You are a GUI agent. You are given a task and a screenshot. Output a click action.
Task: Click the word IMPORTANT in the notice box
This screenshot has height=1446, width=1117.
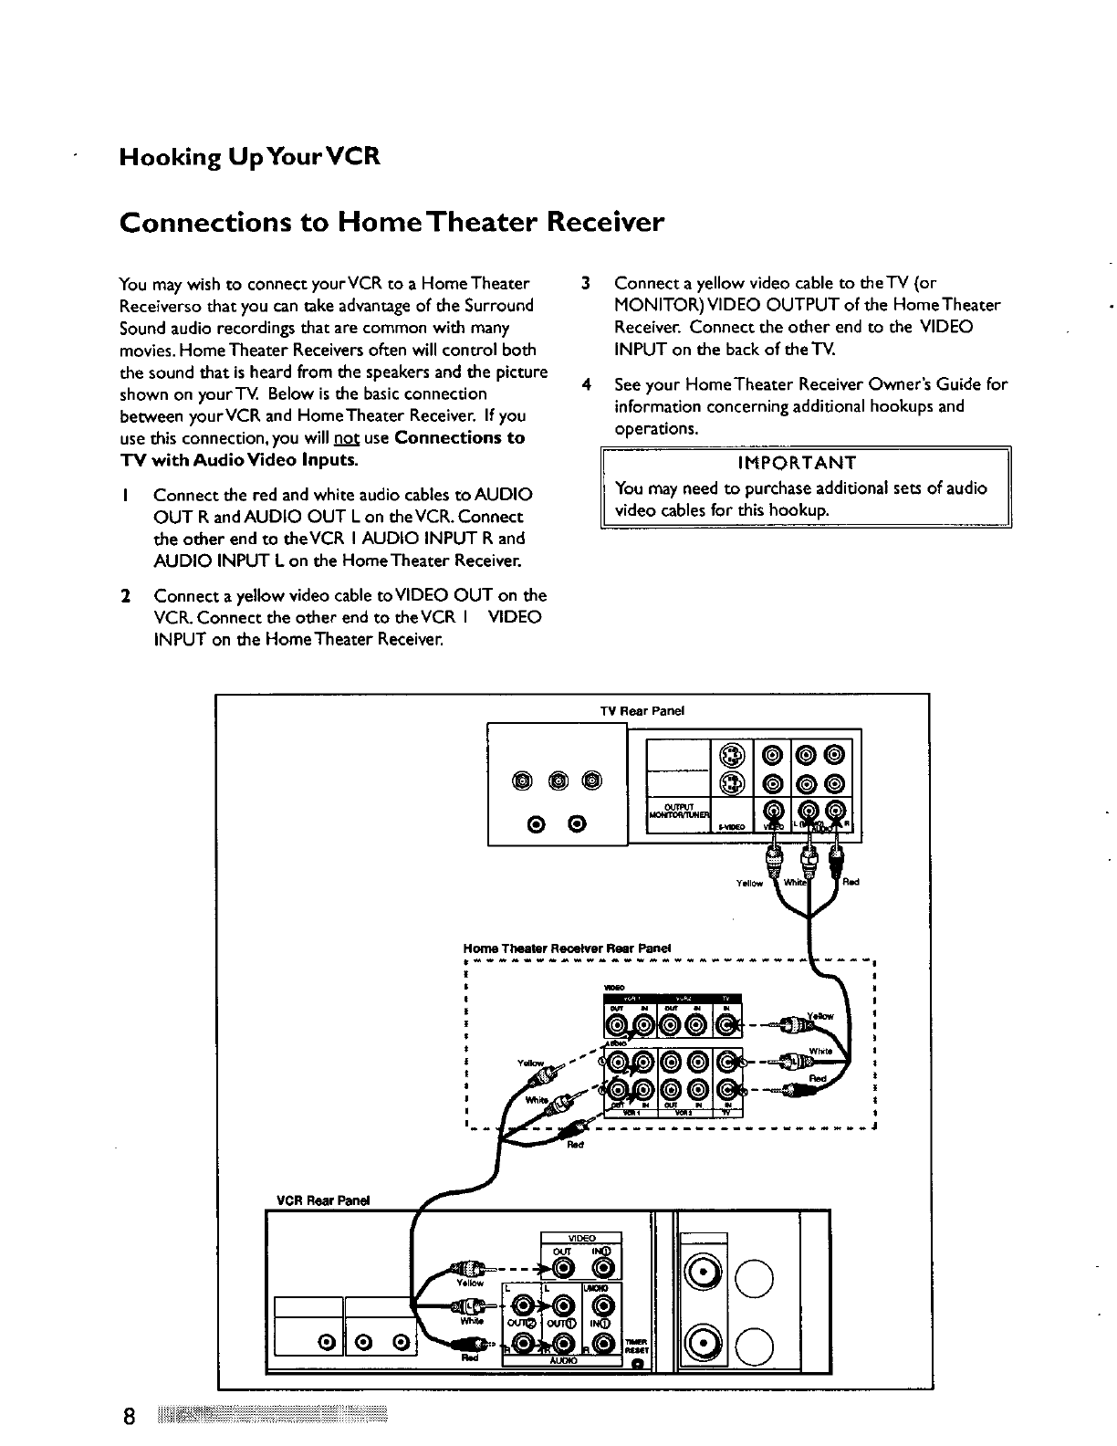(803, 462)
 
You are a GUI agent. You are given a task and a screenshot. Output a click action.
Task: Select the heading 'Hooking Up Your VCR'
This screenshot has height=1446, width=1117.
(249, 158)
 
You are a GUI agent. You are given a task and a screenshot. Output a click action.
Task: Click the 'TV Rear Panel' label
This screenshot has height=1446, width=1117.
(654, 710)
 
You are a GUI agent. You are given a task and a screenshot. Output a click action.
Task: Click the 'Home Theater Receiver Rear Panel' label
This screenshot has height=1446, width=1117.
(568, 947)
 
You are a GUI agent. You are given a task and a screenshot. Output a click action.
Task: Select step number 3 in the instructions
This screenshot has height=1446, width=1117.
(584, 283)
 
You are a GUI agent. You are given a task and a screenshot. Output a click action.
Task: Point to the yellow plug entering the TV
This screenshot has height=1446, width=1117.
(774, 854)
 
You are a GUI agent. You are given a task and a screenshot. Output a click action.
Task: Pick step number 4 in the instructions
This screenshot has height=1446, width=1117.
(584, 384)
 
